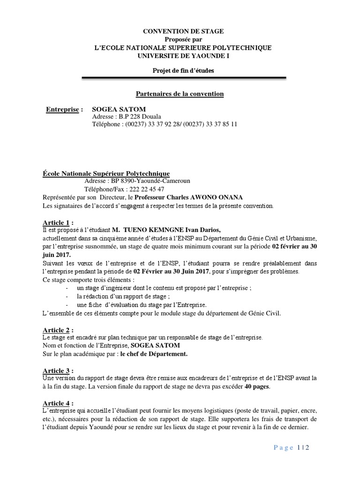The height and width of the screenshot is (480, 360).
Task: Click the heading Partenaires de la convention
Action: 180,94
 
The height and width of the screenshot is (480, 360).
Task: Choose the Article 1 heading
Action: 58,222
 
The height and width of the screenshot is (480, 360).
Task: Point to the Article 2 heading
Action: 58,330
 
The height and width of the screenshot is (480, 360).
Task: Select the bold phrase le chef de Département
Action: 154,354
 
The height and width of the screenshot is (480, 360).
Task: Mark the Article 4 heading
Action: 58,403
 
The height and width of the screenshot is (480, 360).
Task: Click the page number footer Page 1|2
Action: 292,448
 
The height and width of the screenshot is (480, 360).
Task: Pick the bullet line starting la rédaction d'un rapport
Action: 122,296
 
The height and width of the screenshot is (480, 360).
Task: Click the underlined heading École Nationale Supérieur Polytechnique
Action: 106,173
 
